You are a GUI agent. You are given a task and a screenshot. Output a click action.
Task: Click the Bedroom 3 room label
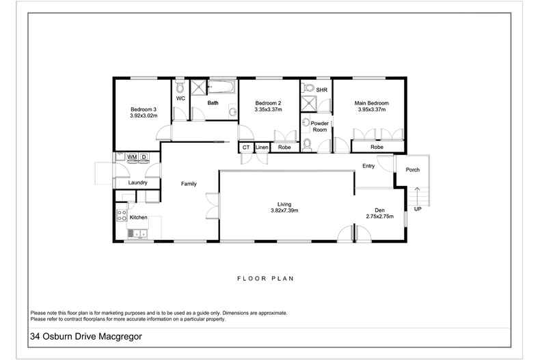(144, 109)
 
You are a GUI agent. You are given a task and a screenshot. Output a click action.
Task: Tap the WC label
(180, 98)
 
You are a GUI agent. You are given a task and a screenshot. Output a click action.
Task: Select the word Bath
(213, 103)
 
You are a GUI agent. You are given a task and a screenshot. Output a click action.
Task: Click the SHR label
(321, 90)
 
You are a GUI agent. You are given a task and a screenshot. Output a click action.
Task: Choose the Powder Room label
(319, 126)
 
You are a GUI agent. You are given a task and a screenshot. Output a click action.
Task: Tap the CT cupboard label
(245, 148)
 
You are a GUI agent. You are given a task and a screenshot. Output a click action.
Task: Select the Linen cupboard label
(262, 148)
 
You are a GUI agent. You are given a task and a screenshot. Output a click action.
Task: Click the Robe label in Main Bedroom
(377, 148)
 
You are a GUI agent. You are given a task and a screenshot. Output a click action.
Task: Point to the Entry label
(369, 166)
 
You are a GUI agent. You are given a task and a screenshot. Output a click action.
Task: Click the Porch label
(412, 169)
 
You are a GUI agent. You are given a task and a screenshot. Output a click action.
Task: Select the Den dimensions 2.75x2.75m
(380, 217)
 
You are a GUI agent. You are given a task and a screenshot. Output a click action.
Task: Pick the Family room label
(189, 184)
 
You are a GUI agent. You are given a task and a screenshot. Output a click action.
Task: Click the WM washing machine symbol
(132, 157)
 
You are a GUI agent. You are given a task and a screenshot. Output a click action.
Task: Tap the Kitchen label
(139, 217)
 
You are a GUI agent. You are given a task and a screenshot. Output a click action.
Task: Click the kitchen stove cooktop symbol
(122, 215)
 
